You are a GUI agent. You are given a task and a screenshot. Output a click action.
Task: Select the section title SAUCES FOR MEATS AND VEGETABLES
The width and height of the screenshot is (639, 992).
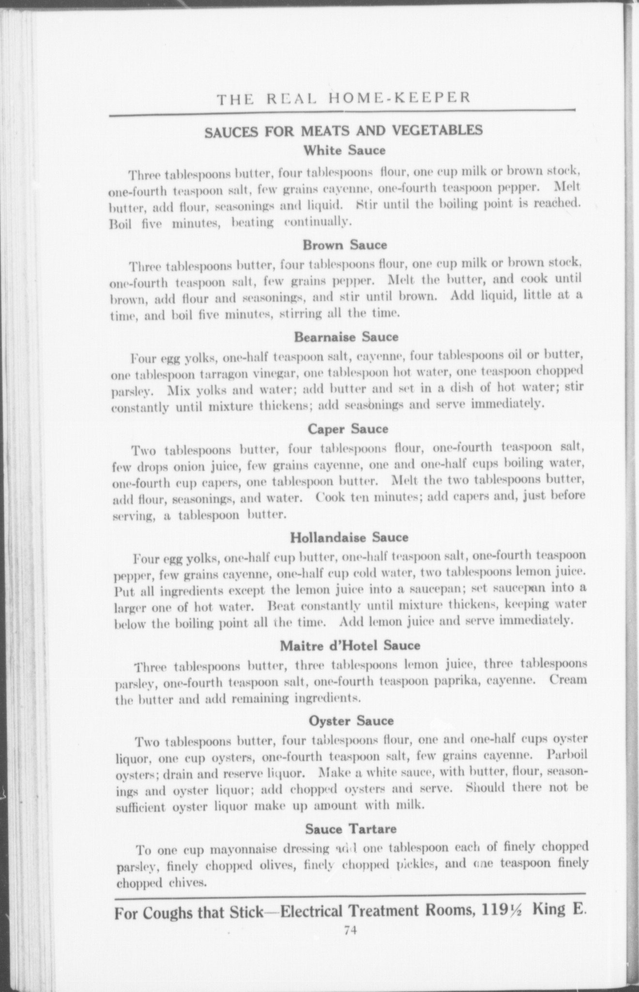(343, 132)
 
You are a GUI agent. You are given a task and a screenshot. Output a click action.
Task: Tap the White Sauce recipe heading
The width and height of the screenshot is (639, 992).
(344, 150)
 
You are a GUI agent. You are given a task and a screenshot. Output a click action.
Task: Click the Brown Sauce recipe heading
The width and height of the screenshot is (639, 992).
(345, 245)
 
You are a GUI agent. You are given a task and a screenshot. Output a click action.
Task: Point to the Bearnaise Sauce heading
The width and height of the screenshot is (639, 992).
(346, 336)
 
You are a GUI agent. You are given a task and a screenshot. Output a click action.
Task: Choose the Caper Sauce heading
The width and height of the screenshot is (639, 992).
(348, 429)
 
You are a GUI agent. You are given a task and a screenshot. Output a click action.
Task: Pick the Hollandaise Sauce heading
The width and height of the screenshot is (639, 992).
(349, 537)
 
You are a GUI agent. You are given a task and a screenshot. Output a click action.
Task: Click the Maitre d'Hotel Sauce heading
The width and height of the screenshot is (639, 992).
(350, 646)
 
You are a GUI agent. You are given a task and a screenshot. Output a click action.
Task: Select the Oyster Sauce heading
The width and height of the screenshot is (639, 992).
(351, 721)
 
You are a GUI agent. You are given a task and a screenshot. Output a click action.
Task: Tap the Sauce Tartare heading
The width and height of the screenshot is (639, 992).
(351, 829)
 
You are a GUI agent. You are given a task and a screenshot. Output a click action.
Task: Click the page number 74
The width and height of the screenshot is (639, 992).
(350, 930)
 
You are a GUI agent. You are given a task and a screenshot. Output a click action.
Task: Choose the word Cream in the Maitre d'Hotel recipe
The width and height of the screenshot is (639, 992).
(568, 680)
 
